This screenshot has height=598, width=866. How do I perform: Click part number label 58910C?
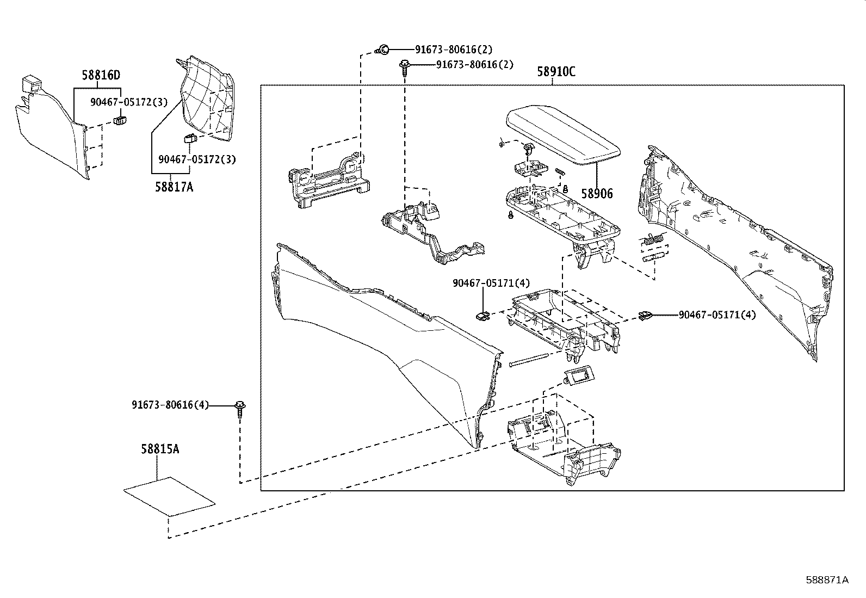tap(556, 71)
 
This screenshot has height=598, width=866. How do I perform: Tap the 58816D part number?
tap(101, 75)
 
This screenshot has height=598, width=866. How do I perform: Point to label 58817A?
tap(174, 187)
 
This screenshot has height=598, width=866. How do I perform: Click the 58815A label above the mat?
tap(159, 449)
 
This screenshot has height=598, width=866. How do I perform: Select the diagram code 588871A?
tap(827, 579)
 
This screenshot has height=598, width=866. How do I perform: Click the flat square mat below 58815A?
tap(169, 496)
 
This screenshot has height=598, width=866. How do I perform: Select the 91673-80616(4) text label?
tap(170, 405)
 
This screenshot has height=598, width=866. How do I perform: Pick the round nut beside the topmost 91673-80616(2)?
tap(383, 50)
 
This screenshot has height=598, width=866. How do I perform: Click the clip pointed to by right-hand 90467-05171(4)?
tap(645, 315)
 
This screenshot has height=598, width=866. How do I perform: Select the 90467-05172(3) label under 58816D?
tap(129, 102)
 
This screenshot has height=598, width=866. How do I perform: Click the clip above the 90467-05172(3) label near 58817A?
tap(190, 137)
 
